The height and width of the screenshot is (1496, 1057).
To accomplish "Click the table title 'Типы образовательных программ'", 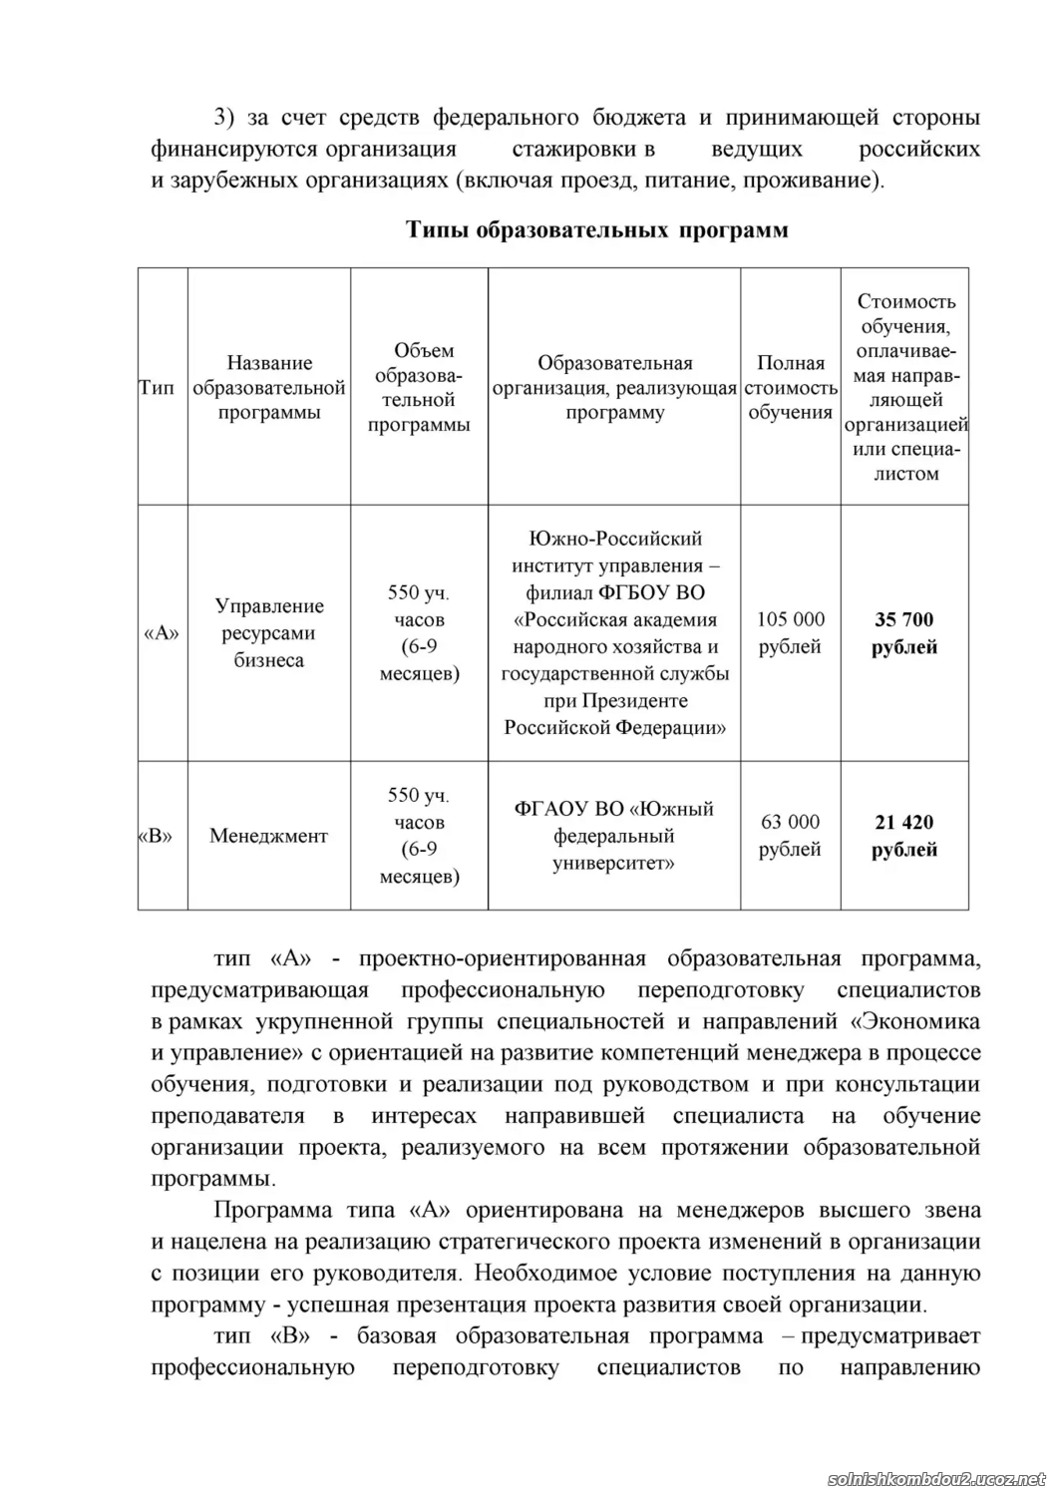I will point(596,230).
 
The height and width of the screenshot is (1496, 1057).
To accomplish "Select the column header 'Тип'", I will point(157,388).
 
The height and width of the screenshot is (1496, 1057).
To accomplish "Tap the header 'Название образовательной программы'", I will point(269,388).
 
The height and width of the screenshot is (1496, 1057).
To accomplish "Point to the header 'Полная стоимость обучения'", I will point(790,388).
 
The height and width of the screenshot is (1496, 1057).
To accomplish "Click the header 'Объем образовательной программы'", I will point(419,387).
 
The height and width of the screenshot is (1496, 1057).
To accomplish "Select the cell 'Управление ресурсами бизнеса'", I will point(269,633).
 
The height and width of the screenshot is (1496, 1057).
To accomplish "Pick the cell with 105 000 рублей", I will point(790,633).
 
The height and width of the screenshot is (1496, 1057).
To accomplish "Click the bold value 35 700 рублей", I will point(904,633).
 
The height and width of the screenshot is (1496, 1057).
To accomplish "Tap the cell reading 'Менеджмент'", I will point(268,836).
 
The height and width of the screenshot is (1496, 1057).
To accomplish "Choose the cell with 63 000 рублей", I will point(790,836).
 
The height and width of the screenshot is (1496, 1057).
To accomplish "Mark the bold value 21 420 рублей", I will point(904,836).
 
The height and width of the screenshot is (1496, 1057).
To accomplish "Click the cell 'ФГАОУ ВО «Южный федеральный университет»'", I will point(613,836).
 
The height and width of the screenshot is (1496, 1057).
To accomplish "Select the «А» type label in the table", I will point(162,633).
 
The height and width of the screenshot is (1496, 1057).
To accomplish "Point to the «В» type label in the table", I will point(155,836).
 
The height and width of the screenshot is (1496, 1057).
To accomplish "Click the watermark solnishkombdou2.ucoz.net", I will point(936,1478).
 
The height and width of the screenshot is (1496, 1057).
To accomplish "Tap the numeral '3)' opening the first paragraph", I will point(224,118).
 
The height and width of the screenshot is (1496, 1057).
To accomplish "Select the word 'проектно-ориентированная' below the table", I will point(502,959).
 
